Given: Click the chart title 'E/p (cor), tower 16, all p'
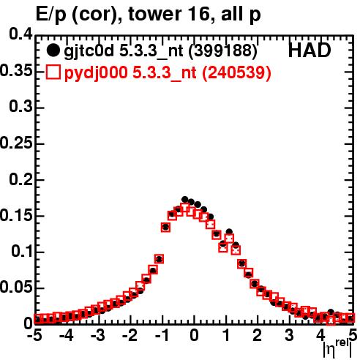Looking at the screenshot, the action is coord(149,15).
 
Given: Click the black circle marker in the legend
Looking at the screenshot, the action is coord(53,50).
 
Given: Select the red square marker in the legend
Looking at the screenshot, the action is coord(53,72).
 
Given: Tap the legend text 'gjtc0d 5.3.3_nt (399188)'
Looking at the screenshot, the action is coord(160,51).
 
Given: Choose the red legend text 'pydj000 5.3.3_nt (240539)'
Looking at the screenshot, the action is coord(168,72).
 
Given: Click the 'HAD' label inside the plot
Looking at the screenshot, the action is coord(310,50).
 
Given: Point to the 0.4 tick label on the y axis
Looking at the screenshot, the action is coord(20,34).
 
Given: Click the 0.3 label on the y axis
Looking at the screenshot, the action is coord(20,106).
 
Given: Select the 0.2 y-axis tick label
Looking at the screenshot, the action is coord(20,179).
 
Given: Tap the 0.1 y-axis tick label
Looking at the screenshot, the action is coord(22,251).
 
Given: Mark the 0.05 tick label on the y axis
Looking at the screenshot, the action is coord(16,288).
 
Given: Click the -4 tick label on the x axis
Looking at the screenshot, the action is coord(67,336).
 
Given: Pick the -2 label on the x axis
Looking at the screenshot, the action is coord(130,336).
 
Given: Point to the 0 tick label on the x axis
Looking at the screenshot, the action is coord(194,336).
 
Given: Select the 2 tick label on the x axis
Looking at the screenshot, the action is coord(258,336).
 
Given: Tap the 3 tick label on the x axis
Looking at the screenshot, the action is coord(289,336).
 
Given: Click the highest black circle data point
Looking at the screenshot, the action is coord(185,200).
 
